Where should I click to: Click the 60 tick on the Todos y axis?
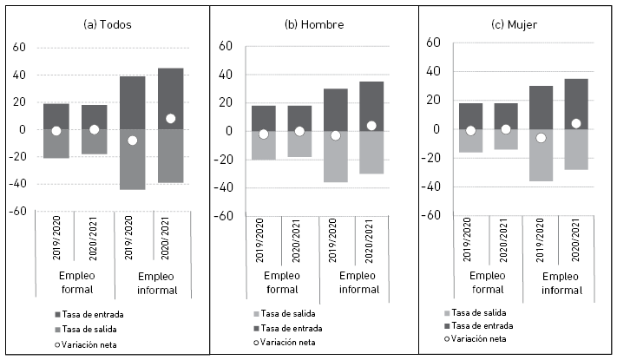(17, 47)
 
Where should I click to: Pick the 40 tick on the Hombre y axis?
(225, 75)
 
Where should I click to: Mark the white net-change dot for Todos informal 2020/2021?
(170, 119)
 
